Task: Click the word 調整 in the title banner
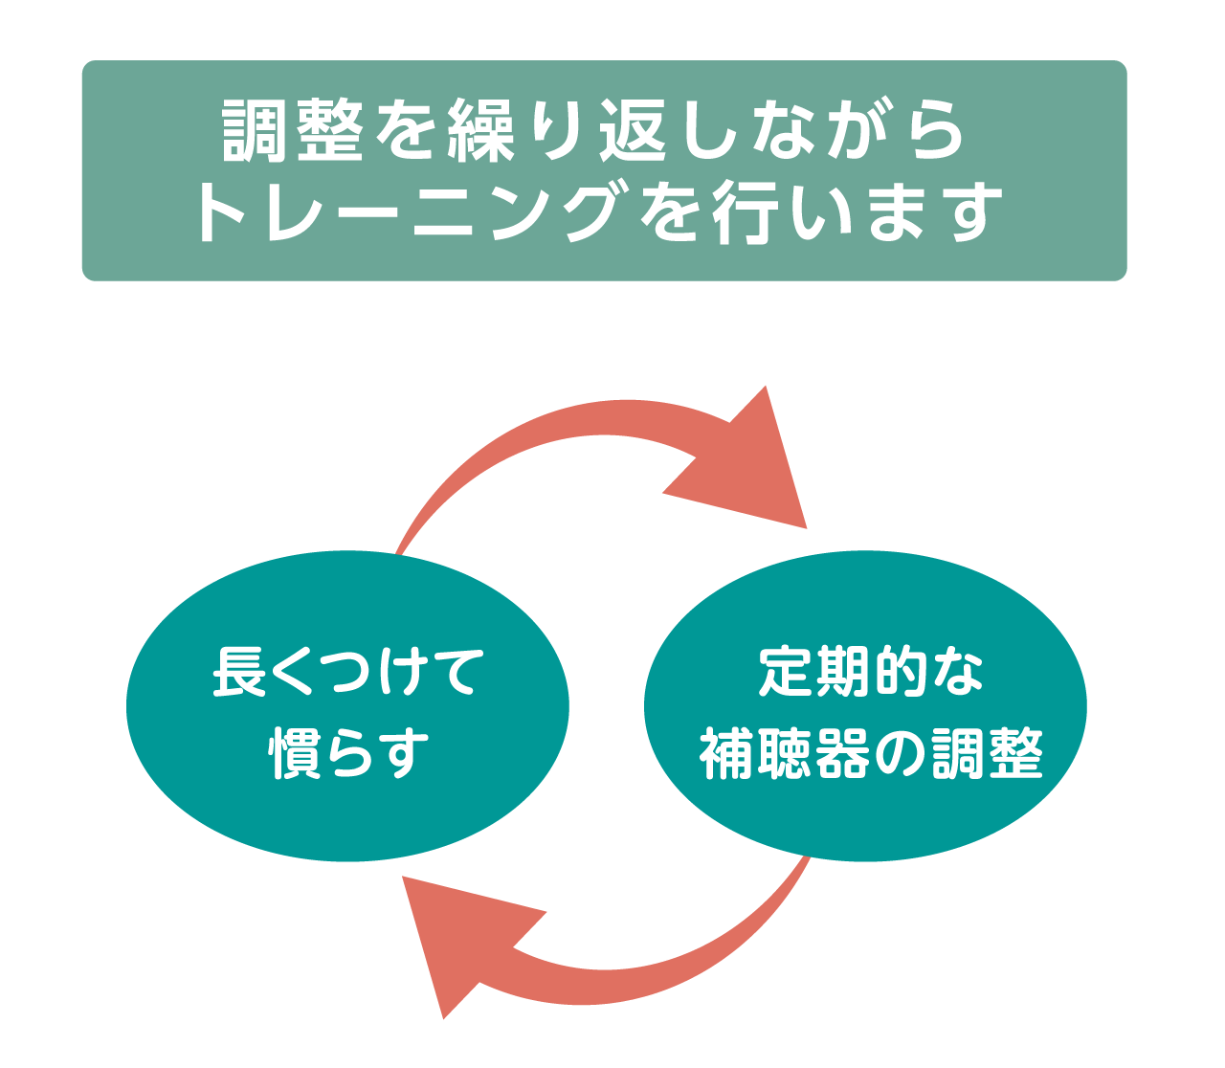coord(293,130)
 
